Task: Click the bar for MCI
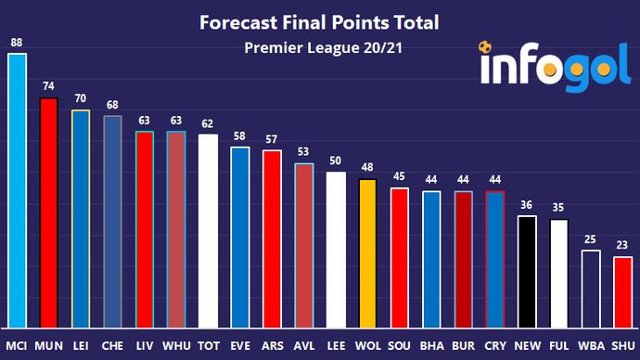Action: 17,190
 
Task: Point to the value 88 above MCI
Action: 17,43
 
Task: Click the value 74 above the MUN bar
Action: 48,87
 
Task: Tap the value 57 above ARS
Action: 272,139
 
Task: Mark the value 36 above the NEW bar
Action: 527,206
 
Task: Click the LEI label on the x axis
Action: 81,346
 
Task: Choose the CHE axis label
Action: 112,346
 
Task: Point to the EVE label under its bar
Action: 240,346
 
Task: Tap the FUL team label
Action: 558,346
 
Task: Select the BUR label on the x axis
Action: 463,346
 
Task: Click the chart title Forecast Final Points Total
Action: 320,21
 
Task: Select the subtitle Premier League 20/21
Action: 320,47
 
